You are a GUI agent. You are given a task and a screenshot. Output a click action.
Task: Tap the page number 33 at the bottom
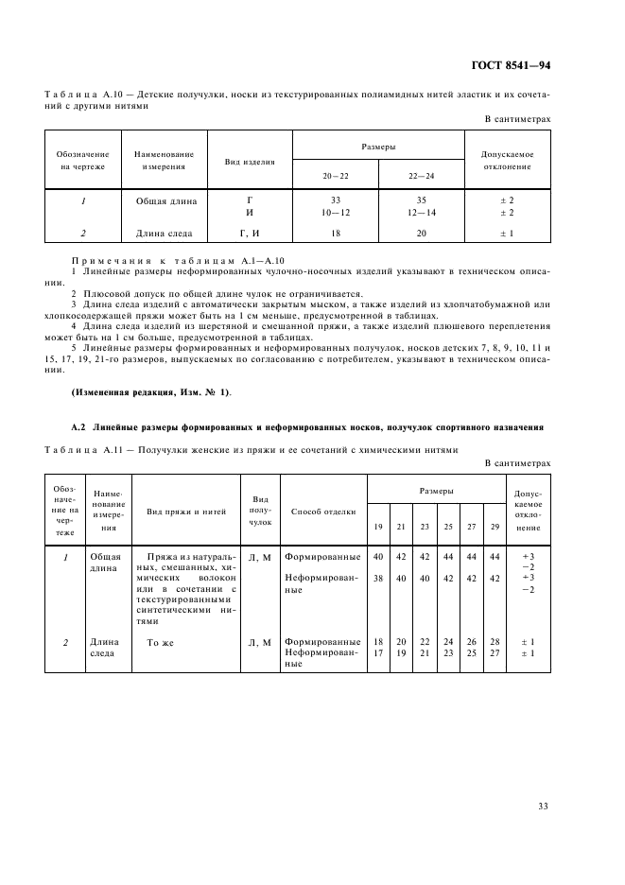tap(543, 807)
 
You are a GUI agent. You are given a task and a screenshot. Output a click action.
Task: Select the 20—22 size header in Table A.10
tap(336, 176)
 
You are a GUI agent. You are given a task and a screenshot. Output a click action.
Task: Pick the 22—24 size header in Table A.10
tap(422, 176)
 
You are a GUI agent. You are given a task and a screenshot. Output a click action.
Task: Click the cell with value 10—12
tap(336, 213)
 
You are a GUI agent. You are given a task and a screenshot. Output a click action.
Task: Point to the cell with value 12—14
tap(422, 213)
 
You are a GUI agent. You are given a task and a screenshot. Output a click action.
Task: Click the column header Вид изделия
tap(250, 162)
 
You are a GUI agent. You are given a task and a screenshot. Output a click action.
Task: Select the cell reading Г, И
tap(250, 233)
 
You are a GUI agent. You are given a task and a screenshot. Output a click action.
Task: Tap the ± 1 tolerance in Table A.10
tap(507, 233)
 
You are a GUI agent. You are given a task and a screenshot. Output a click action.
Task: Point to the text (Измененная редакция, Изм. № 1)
tap(150, 391)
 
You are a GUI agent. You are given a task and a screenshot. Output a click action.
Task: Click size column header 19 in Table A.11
tap(378, 526)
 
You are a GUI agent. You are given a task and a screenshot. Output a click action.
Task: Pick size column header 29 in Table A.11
tap(494, 526)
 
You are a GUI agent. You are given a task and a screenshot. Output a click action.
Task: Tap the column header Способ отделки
tap(323, 512)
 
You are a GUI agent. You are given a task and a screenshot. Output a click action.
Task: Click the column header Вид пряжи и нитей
tap(186, 512)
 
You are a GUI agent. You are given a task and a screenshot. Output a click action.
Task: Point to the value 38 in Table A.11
tap(378, 577)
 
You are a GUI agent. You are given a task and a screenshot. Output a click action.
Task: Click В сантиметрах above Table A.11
tap(517, 463)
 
